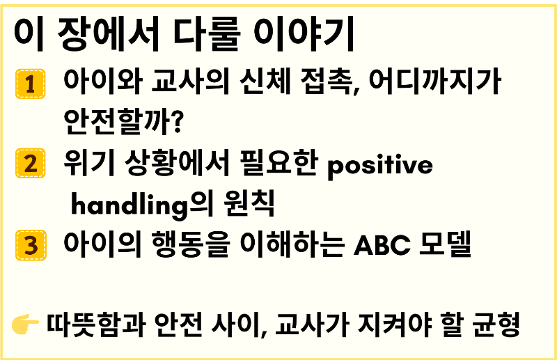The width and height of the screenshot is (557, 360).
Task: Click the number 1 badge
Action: (x=30, y=84)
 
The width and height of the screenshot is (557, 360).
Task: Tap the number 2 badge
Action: (x=30, y=164)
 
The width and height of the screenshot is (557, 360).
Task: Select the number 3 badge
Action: (x=30, y=244)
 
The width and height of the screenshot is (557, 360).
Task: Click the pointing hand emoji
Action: (x=26, y=324)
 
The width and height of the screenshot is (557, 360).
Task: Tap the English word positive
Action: (x=379, y=166)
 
